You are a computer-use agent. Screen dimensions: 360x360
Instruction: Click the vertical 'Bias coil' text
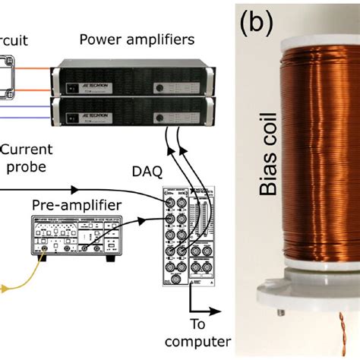coord(267,158)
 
